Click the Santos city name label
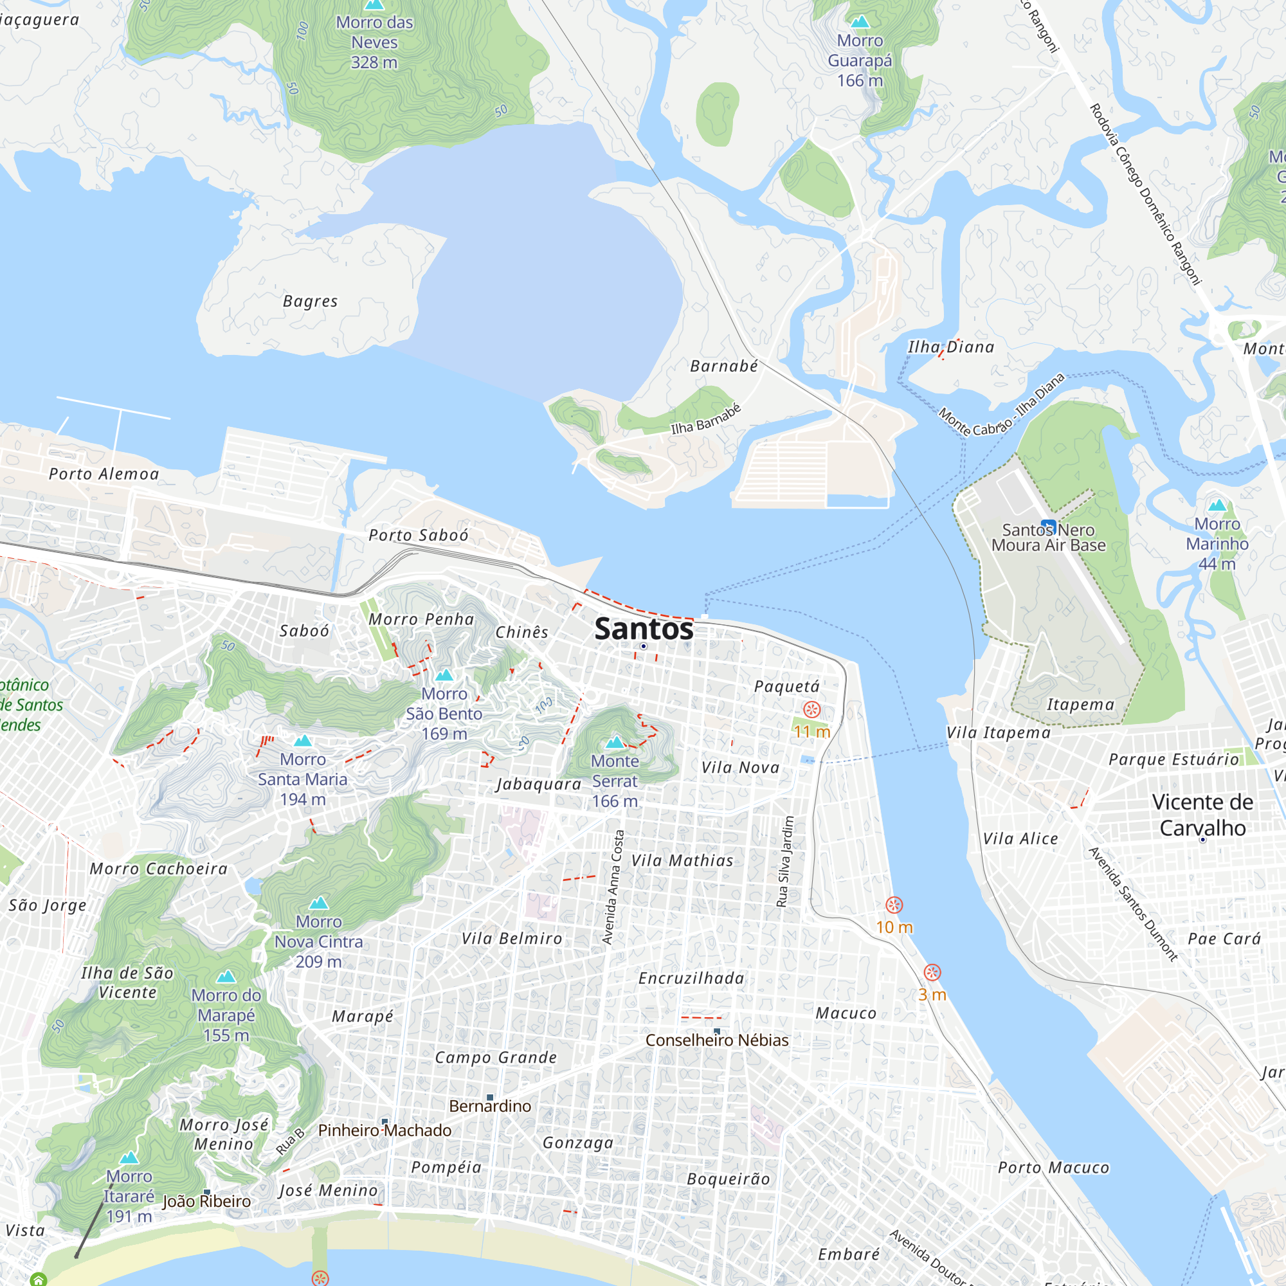pos(644,629)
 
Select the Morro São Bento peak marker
pos(444,675)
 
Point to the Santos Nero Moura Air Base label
pos(1048,538)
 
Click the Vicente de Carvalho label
pos(1202,815)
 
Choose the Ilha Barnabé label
pos(705,419)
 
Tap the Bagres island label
pos(310,302)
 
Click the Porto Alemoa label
pos(104,474)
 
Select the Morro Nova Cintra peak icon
pos(319,903)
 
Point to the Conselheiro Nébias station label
pos(717,1040)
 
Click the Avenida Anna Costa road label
pos(613,887)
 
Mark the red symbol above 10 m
pos(894,905)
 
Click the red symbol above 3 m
pos(932,972)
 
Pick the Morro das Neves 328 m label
pos(374,42)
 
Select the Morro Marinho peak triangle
pos(1217,505)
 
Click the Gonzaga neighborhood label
pos(578,1143)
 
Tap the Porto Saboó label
pos(419,535)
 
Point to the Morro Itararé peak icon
pos(129,1157)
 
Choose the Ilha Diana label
pos(951,347)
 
